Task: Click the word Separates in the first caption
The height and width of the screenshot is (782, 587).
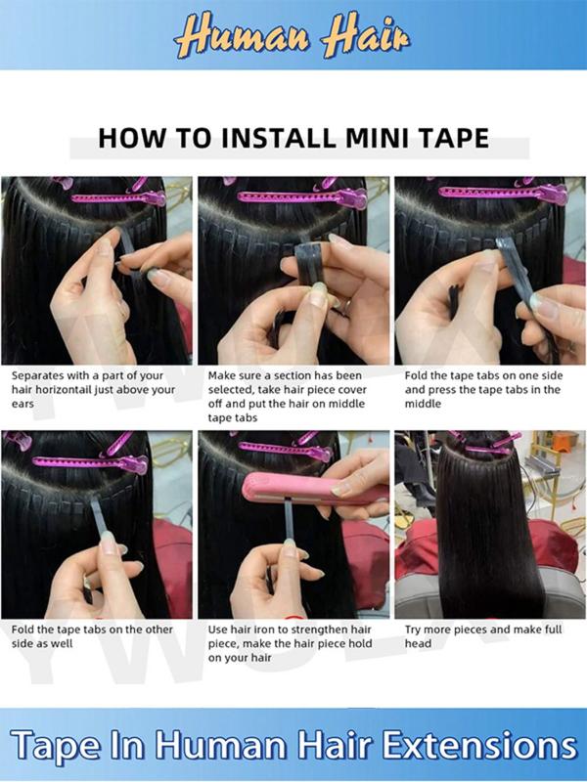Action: pos(42,374)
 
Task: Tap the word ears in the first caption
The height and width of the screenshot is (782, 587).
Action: pos(24,403)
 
